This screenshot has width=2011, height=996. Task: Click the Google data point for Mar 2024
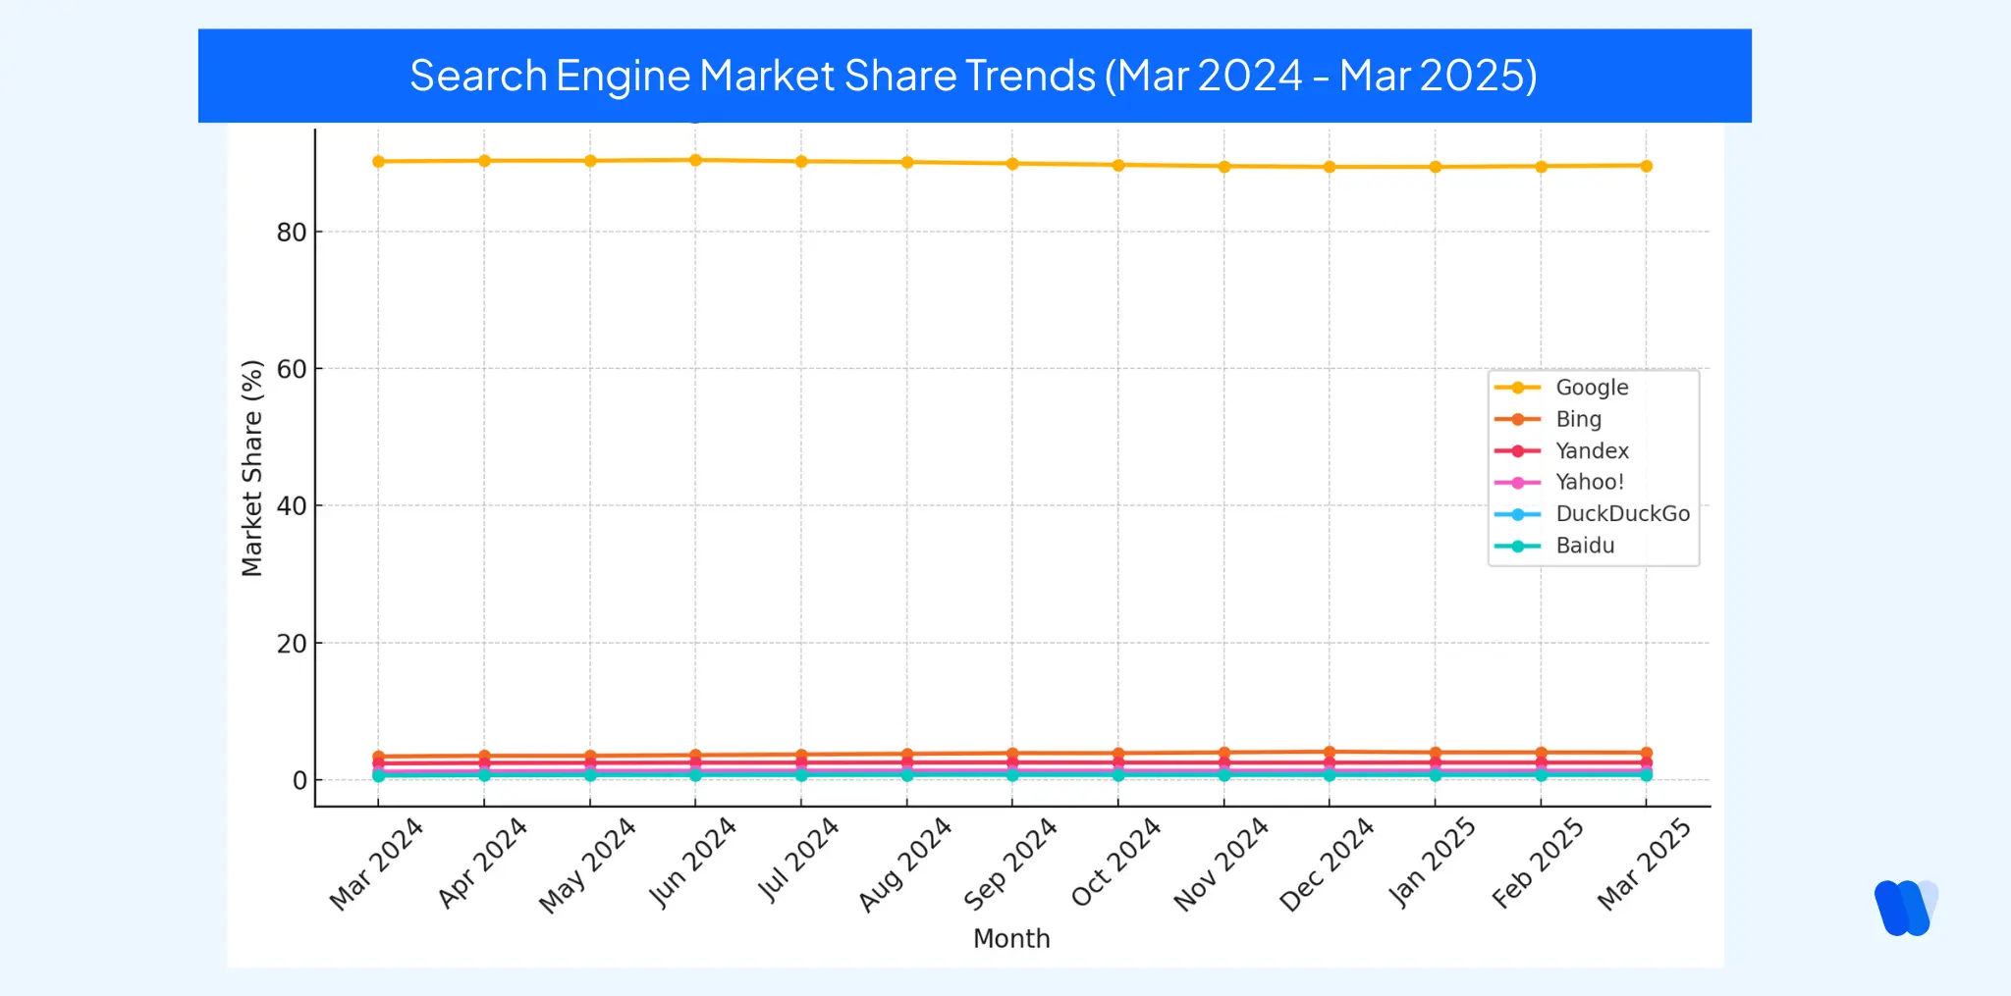click(378, 161)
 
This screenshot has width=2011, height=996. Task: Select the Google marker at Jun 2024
click(695, 160)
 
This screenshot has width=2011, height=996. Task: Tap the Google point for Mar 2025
click(1646, 166)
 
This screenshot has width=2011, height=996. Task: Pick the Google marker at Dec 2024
click(1330, 167)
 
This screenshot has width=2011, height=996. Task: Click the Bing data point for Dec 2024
click(1330, 753)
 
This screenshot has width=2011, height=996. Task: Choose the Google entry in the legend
click(1592, 388)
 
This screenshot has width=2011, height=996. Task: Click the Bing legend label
click(1578, 419)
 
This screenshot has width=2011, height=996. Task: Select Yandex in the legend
click(1592, 450)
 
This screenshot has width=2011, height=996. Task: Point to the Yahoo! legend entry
click(1590, 482)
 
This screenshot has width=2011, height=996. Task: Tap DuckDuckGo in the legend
click(1622, 513)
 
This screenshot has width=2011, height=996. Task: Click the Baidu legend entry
click(1585, 546)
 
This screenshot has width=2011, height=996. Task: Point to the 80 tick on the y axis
click(292, 233)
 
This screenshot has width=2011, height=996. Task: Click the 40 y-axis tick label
click(292, 506)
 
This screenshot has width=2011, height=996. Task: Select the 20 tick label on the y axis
click(292, 644)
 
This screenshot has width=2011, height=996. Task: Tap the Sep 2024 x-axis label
click(1010, 864)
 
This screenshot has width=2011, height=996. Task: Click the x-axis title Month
click(1011, 939)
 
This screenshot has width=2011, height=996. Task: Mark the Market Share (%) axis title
click(252, 468)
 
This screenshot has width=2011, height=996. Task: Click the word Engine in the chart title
click(623, 77)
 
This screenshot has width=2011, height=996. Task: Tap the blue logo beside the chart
click(1906, 908)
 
